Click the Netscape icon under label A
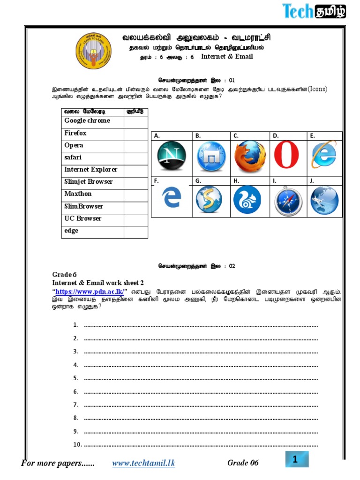[x=171, y=156]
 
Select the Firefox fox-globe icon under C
[x=249, y=156]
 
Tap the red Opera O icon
[x=287, y=155]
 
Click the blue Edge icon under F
[x=171, y=199]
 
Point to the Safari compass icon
[x=286, y=201]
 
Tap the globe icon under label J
[x=324, y=200]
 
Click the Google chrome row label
[x=87, y=121]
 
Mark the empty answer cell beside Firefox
[x=136, y=134]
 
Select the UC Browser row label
[x=83, y=218]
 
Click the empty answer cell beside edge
[x=136, y=232]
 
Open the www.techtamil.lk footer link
[x=143, y=463]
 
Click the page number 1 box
[x=296, y=460]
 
